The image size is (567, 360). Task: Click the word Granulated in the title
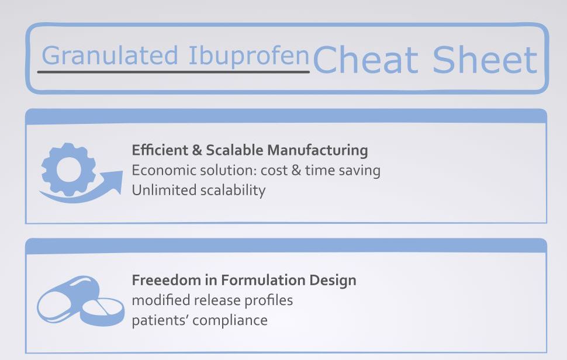(x=109, y=56)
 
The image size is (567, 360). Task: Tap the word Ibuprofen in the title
(x=248, y=56)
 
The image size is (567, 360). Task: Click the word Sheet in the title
(x=485, y=60)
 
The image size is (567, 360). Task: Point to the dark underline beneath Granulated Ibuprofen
(x=173, y=72)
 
